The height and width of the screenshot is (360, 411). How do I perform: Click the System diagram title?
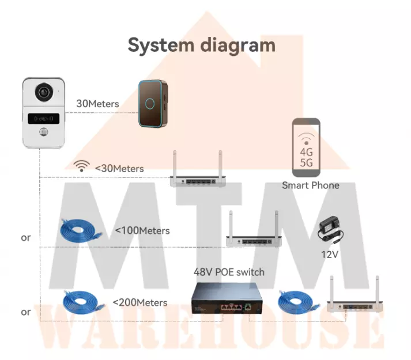coord(201,44)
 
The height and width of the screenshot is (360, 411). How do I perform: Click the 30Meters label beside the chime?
coord(97,104)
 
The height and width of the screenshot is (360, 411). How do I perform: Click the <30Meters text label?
coord(119,168)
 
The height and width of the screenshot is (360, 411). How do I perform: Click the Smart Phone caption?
coord(310,185)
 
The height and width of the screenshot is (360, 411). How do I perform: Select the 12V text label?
coord(330,254)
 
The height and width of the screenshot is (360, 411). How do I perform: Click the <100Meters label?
coord(142,230)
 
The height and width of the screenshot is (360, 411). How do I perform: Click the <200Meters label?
coord(140,302)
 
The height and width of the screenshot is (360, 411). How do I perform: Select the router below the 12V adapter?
coord(352,300)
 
